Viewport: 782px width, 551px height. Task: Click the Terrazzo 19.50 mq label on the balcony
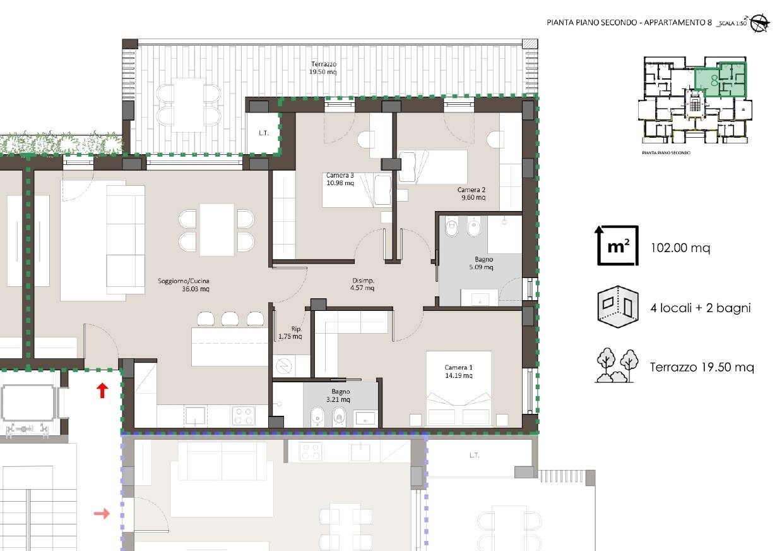[323, 68]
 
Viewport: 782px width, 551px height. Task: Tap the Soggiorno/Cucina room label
[184, 284]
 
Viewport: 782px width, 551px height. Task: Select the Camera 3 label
[340, 179]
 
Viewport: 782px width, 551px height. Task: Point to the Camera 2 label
[471, 193]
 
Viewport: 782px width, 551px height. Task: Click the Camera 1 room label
[459, 372]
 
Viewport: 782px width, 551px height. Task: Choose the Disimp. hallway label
[363, 284]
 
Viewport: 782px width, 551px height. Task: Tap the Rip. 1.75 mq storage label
[290, 332]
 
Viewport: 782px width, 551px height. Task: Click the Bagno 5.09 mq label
[482, 263]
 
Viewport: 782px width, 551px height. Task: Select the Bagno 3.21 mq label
[339, 396]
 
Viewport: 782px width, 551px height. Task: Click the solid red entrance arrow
[102, 391]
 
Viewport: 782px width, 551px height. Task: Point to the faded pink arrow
[102, 514]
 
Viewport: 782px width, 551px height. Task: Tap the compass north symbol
[761, 23]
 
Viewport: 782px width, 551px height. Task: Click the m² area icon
[617, 245]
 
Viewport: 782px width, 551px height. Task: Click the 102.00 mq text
[680, 248]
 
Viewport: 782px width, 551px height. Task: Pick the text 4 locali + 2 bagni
[701, 308]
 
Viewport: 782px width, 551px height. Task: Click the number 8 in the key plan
[714, 81]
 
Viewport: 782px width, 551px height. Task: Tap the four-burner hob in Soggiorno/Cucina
[244, 416]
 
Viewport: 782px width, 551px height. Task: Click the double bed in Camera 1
[459, 389]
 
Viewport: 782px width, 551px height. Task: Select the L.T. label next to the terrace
[263, 133]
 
